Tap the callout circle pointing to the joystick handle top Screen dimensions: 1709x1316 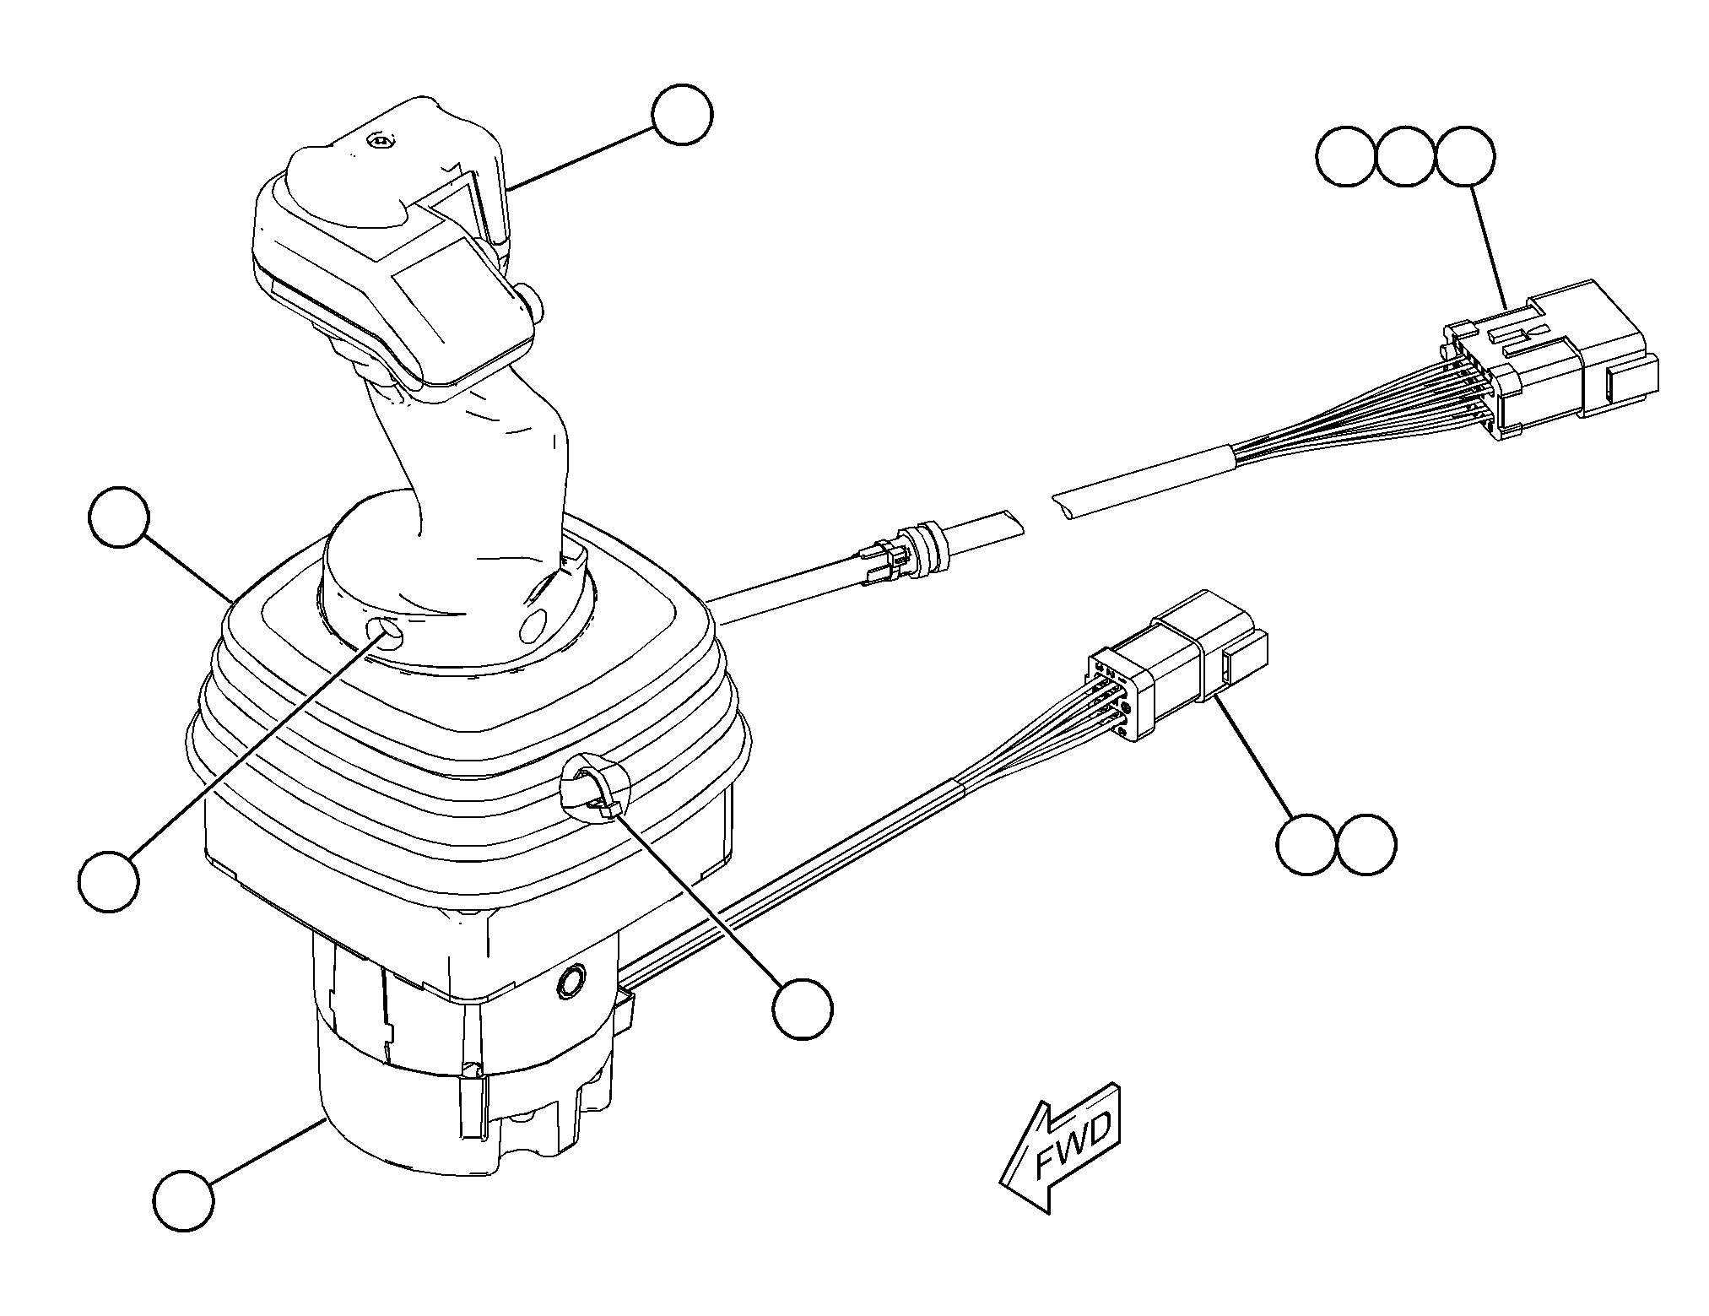682,114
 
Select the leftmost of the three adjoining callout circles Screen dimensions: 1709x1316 1347,156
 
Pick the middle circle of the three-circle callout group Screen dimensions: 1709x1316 1406,156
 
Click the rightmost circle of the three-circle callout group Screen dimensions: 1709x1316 1465,156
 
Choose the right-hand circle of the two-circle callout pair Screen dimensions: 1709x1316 1366,844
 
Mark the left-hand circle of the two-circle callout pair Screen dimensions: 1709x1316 1306,844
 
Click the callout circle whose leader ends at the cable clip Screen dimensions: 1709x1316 802,1009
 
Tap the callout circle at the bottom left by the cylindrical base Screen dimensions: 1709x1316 183,1200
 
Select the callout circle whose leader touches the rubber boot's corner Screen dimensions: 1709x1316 119,517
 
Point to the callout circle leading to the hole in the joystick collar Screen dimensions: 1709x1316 108,880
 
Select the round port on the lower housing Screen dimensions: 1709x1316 571,980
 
